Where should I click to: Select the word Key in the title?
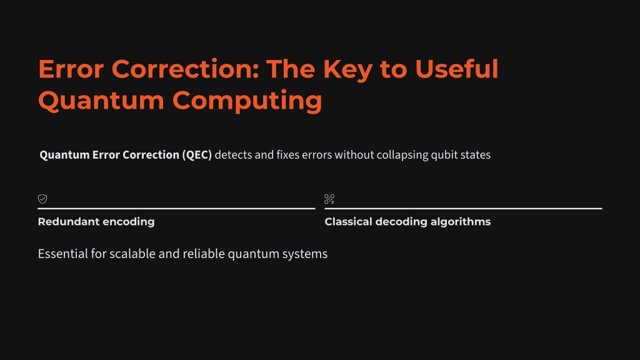[347, 69]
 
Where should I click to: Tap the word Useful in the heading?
[457, 69]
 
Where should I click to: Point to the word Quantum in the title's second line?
[101, 101]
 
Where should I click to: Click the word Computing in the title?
[247, 101]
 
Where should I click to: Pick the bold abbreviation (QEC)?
[197, 155]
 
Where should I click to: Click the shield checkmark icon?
[42, 199]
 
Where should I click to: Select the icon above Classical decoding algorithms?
[329, 199]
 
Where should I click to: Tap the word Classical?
[349, 222]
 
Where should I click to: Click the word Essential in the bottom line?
[63, 254]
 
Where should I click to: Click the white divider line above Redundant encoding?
[176, 209]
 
